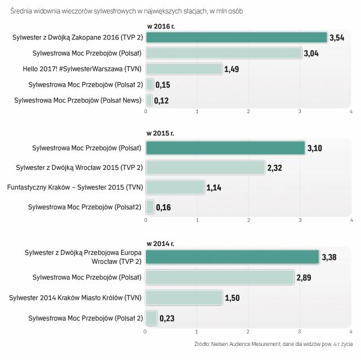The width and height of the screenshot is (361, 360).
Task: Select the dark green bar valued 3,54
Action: point(237,37)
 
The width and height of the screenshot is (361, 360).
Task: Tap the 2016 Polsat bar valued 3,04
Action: point(224,53)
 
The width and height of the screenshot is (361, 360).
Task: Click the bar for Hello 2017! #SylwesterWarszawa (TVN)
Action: point(184,69)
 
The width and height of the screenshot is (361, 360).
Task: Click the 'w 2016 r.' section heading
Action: point(161,26)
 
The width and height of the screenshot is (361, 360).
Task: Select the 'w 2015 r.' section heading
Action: point(161,134)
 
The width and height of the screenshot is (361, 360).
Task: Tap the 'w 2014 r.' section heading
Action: point(161,244)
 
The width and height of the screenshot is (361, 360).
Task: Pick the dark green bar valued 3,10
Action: point(225,148)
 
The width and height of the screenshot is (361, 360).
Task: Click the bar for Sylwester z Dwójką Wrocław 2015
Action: point(206,168)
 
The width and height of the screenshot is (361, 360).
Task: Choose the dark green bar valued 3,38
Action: point(233,257)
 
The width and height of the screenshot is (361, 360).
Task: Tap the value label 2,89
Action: point(304,277)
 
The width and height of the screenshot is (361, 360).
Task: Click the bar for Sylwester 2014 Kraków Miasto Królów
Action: point(184,298)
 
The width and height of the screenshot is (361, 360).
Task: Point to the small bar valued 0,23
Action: point(151,318)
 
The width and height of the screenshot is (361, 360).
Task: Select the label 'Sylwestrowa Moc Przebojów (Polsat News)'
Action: point(78,100)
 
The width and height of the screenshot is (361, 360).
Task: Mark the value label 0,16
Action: point(163,208)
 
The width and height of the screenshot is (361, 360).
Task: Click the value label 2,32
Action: point(275,168)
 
